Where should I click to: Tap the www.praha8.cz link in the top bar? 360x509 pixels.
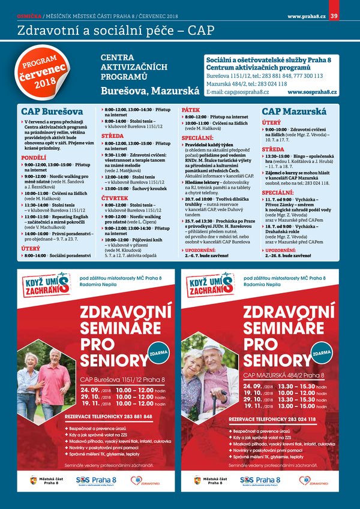click(x=307, y=16)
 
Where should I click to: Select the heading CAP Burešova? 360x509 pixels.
click(x=52, y=112)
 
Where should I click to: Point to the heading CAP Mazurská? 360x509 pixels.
click(x=294, y=112)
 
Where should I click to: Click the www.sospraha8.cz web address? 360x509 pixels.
click(x=312, y=93)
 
